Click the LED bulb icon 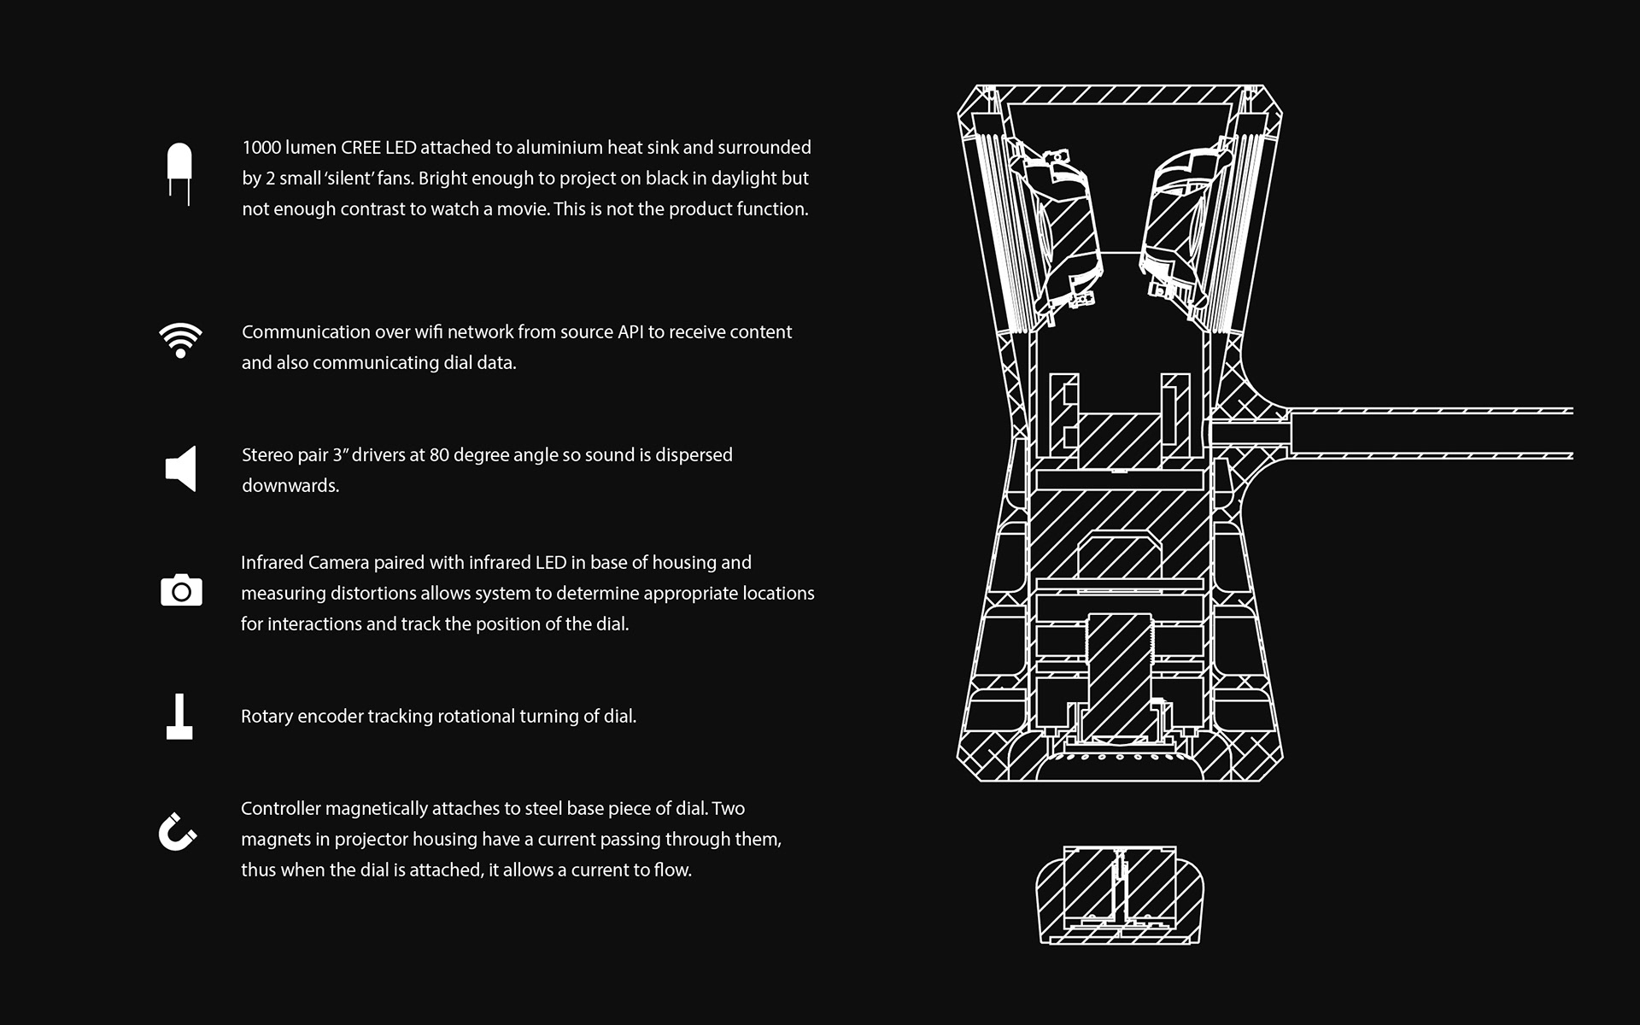click(x=179, y=173)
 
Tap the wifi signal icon click(x=180, y=341)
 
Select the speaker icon click(x=180, y=468)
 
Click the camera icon click(x=181, y=590)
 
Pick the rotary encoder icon click(x=179, y=717)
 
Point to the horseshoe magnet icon click(x=178, y=831)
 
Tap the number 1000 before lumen click(x=261, y=147)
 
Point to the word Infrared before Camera click(x=272, y=562)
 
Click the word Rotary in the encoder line click(x=266, y=716)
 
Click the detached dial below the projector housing click(x=1120, y=895)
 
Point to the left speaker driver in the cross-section click(x=1055, y=231)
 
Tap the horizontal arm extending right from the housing click(x=1431, y=433)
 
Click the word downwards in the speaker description click(x=290, y=485)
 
